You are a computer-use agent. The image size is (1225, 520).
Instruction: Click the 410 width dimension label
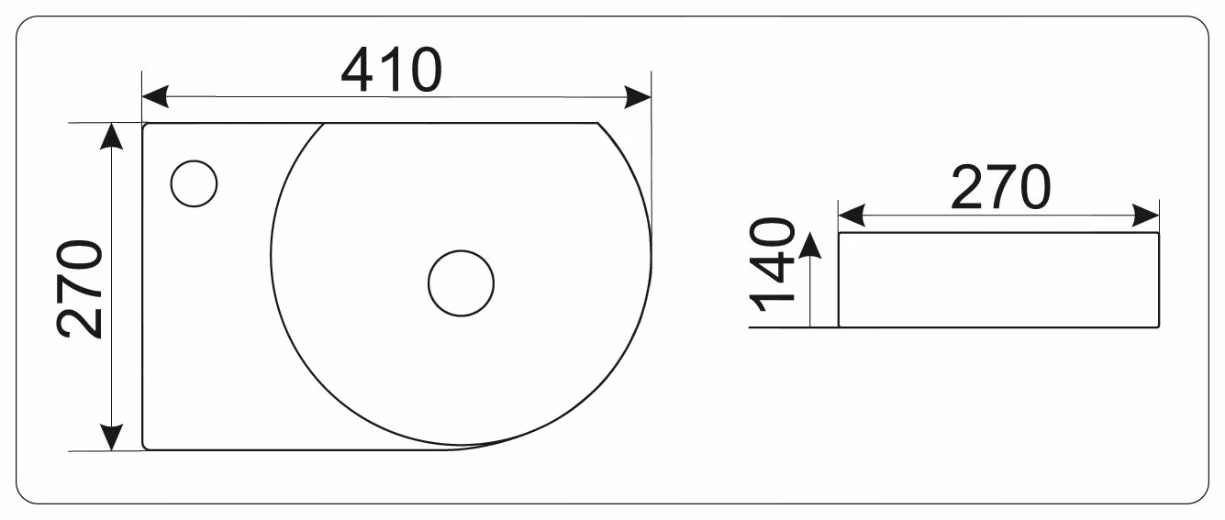pyautogui.click(x=391, y=70)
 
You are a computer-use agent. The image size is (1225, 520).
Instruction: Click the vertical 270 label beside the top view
pyautogui.click(x=80, y=289)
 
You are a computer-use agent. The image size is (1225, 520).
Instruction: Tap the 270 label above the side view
pyautogui.click(x=1001, y=187)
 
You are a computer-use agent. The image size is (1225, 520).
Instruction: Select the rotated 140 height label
pyautogui.click(x=773, y=264)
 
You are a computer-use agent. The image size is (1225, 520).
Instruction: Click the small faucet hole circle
pyautogui.click(x=195, y=183)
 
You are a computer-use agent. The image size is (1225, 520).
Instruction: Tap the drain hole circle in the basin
pyautogui.click(x=461, y=283)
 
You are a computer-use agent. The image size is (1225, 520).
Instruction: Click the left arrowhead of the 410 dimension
pyautogui.click(x=155, y=97)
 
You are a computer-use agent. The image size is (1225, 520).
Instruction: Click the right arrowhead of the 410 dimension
pyautogui.click(x=638, y=97)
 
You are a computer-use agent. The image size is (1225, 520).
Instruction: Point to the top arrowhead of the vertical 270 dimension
pyautogui.click(x=112, y=136)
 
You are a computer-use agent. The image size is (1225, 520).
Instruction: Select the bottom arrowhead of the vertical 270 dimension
pyautogui.click(x=112, y=437)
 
